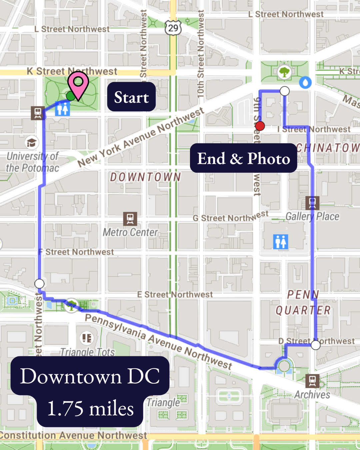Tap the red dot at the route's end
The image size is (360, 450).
(260, 126)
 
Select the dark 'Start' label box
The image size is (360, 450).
(131, 97)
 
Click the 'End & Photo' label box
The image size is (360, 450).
(243, 158)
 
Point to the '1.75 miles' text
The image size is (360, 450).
(90, 409)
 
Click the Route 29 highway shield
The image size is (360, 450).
(173, 28)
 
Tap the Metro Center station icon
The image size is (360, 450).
(130, 219)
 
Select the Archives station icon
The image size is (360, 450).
(312, 380)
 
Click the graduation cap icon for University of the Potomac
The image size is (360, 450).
(32, 143)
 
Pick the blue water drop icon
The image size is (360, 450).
(305, 82)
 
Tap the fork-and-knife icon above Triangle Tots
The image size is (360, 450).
(87, 338)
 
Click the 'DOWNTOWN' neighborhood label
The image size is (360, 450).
(146, 177)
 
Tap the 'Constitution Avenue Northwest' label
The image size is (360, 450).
(73, 435)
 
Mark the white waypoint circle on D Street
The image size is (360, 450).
(315, 345)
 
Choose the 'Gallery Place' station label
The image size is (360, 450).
(312, 217)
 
